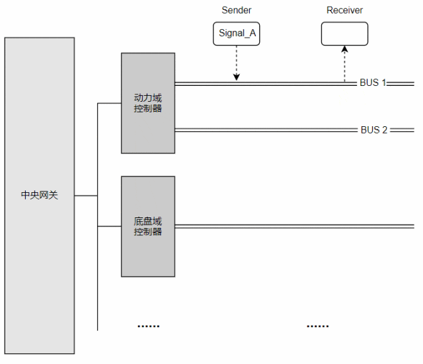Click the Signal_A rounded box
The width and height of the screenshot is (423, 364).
(x=236, y=34)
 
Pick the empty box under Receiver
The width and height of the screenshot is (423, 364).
(x=344, y=34)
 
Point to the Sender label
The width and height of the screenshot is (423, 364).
(x=236, y=11)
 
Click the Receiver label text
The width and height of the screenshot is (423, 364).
(x=344, y=11)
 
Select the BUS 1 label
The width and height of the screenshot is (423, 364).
(x=373, y=83)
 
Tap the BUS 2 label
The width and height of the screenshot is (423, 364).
(x=374, y=129)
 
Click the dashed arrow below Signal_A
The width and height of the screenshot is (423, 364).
(x=237, y=63)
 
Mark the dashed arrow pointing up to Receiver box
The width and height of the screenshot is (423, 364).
(x=344, y=65)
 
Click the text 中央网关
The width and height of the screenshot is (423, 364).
(x=40, y=196)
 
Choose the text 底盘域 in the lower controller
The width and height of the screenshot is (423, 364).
(x=148, y=221)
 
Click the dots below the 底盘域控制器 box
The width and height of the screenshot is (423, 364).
(x=148, y=326)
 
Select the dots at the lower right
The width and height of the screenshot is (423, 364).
(x=317, y=326)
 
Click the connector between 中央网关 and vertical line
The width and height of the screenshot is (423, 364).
(x=86, y=196)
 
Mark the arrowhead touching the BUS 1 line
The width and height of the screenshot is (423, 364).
(x=237, y=78)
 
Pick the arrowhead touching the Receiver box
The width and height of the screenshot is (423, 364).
(x=344, y=50)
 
